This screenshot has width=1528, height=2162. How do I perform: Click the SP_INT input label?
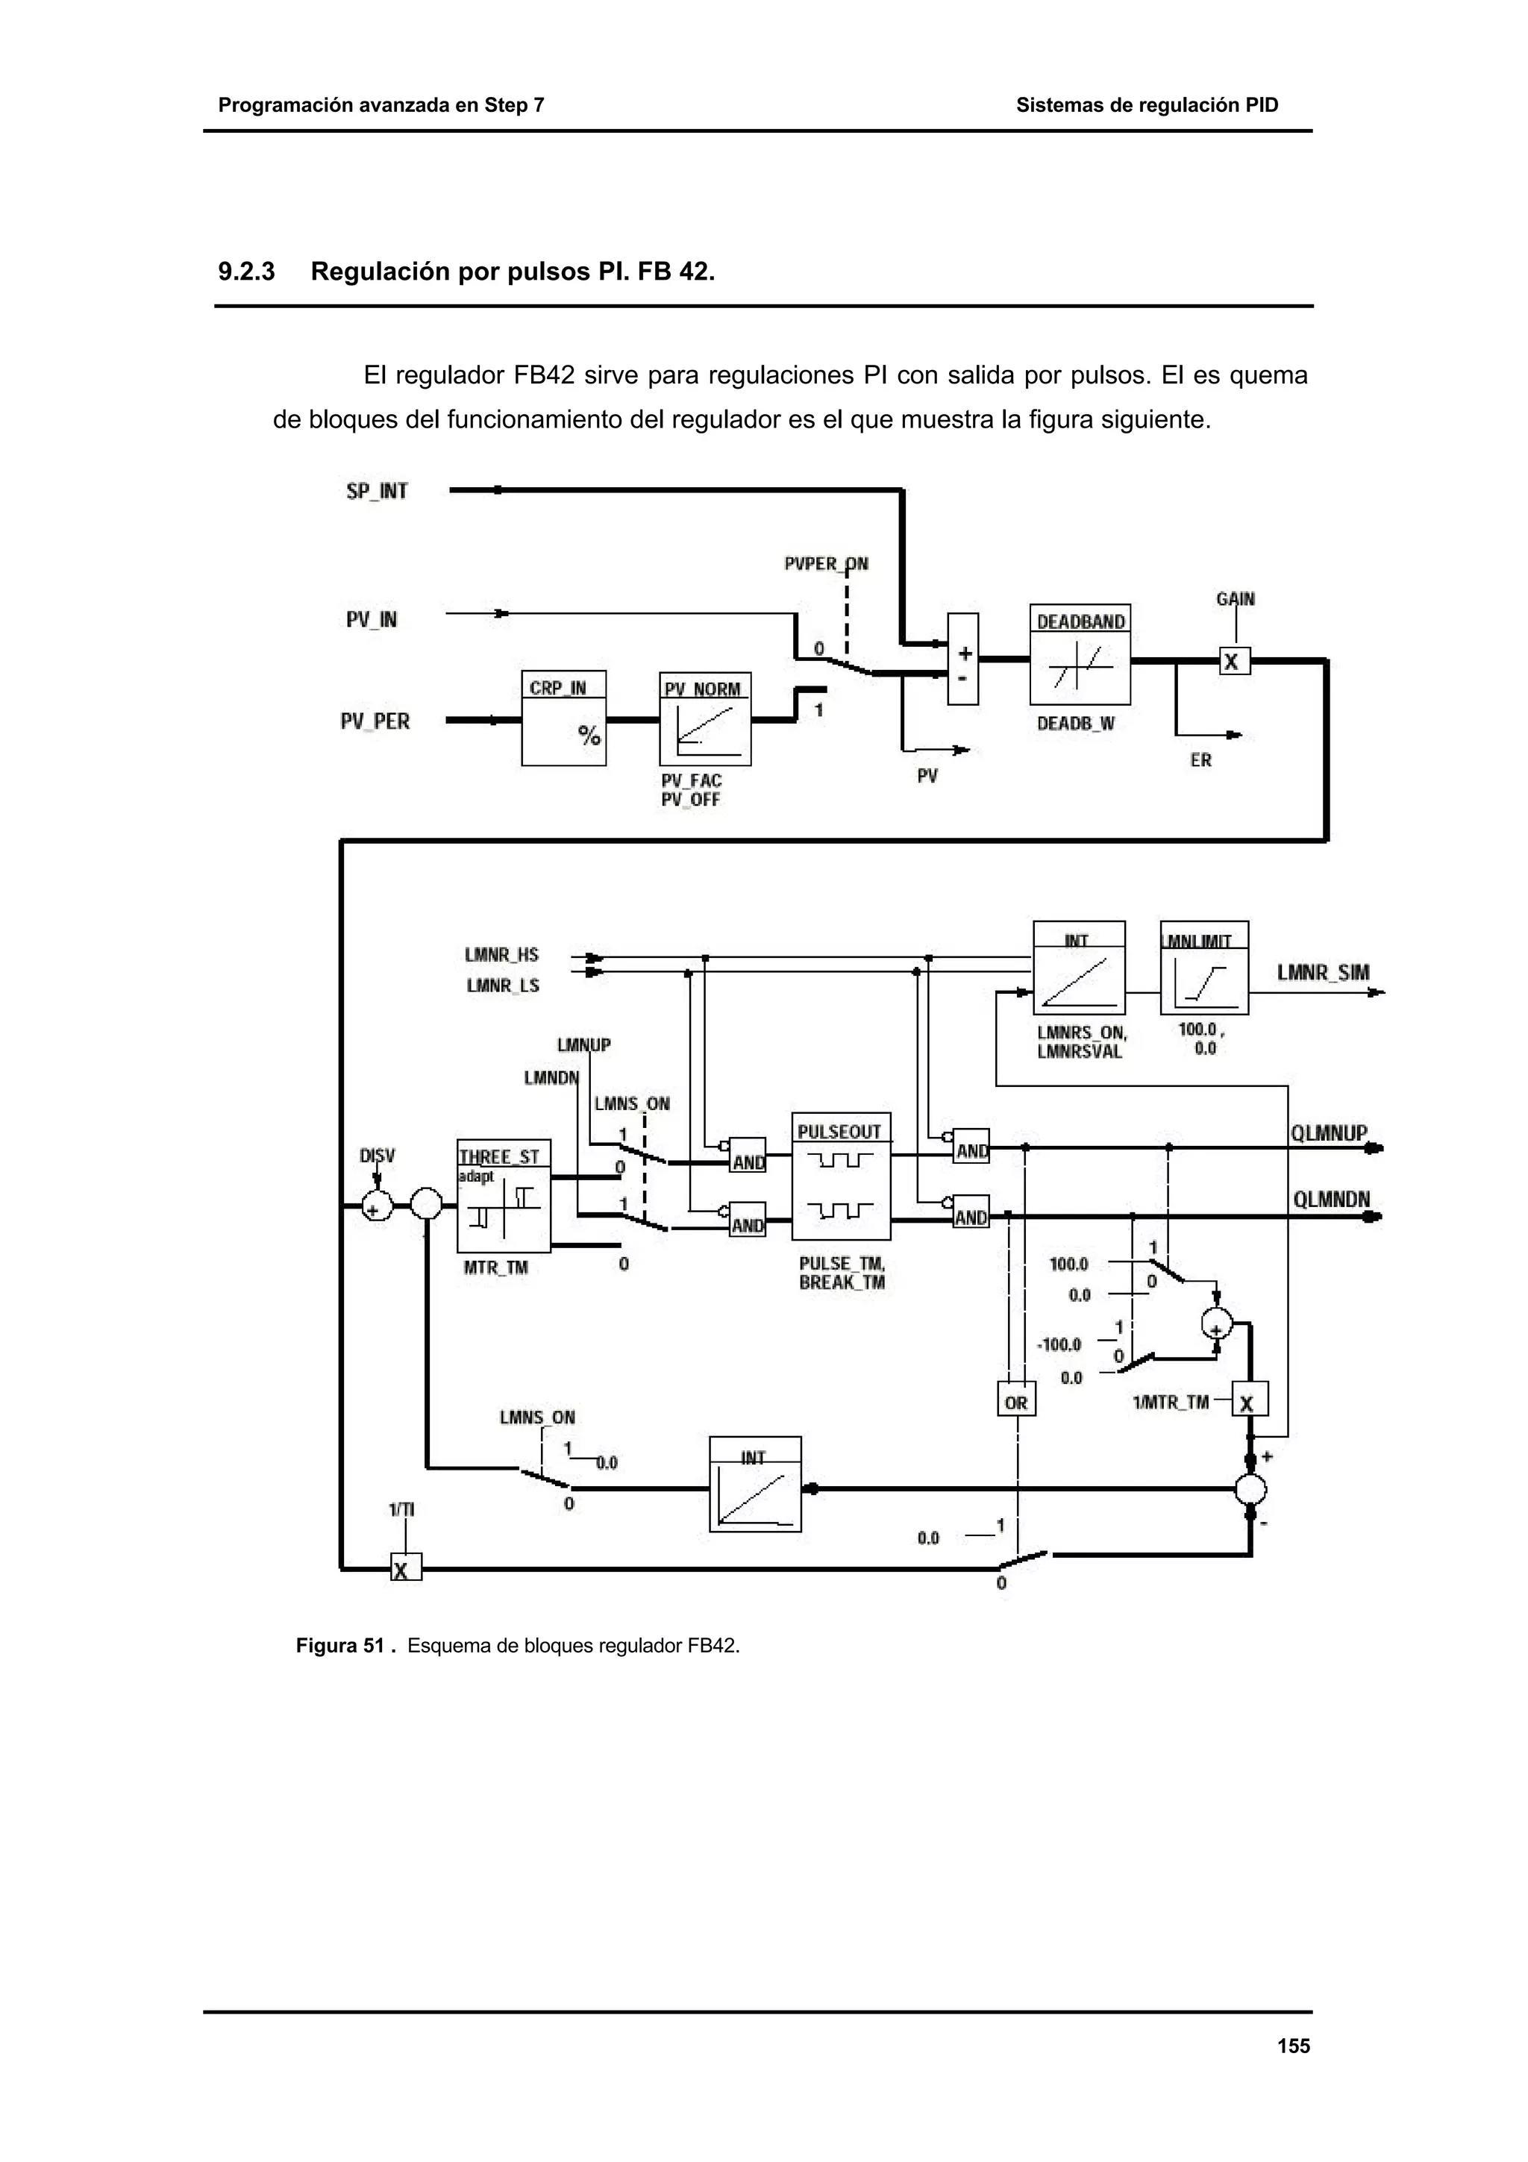pos(377,491)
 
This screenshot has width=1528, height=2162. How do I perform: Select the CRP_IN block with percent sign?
pos(563,718)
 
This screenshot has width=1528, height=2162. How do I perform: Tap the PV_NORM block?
pos(705,718)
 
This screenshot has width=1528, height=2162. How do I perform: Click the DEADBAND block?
pos(1080,654)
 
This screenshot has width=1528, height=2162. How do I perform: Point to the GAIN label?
pos(1236,599)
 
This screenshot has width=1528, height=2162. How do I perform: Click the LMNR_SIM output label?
pos(1323,972)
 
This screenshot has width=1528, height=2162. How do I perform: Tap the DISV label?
pos(378,1156)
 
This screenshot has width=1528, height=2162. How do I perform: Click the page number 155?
pos(1294,2045)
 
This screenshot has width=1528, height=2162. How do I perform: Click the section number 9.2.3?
pos(247,272)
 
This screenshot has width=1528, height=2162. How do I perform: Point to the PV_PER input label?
pos(375,721)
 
